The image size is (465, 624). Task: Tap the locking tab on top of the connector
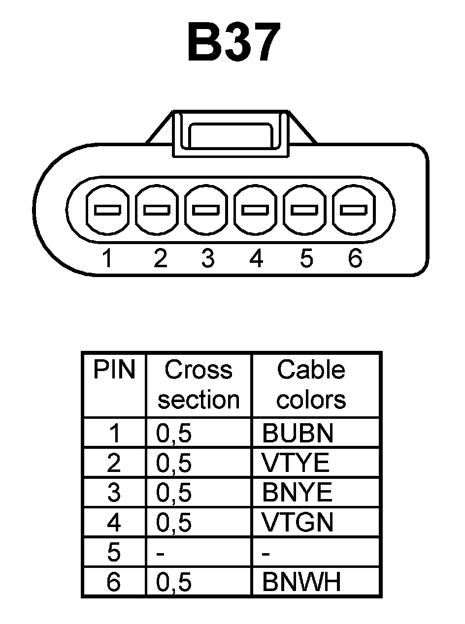point(230,133)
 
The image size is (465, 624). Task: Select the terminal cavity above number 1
point(107,210)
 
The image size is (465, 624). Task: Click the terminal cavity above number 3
point(206,210)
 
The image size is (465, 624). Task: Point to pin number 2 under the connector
point(160,258)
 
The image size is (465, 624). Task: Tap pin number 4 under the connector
point(256,258)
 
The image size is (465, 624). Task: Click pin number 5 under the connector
point(306,258)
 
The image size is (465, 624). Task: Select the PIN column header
point(114,370)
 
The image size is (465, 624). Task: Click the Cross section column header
point(199,385)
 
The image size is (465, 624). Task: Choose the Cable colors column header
point(311,385)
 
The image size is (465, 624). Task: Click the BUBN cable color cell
point(298,433)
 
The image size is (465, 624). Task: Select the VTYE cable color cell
point(296,463)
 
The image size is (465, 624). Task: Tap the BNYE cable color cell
point(297,493)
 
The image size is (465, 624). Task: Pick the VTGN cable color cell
point(298,522)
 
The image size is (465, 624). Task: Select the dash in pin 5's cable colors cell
point(266,554)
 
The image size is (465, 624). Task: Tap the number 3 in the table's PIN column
point(114,493)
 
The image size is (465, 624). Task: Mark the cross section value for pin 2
point(174,463)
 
